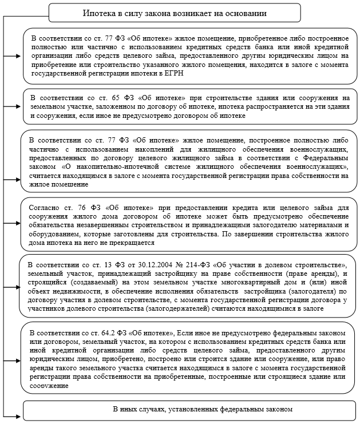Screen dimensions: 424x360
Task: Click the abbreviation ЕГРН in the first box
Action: [175, 74]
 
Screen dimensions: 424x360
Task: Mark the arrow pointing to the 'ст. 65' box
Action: [13, 106]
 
